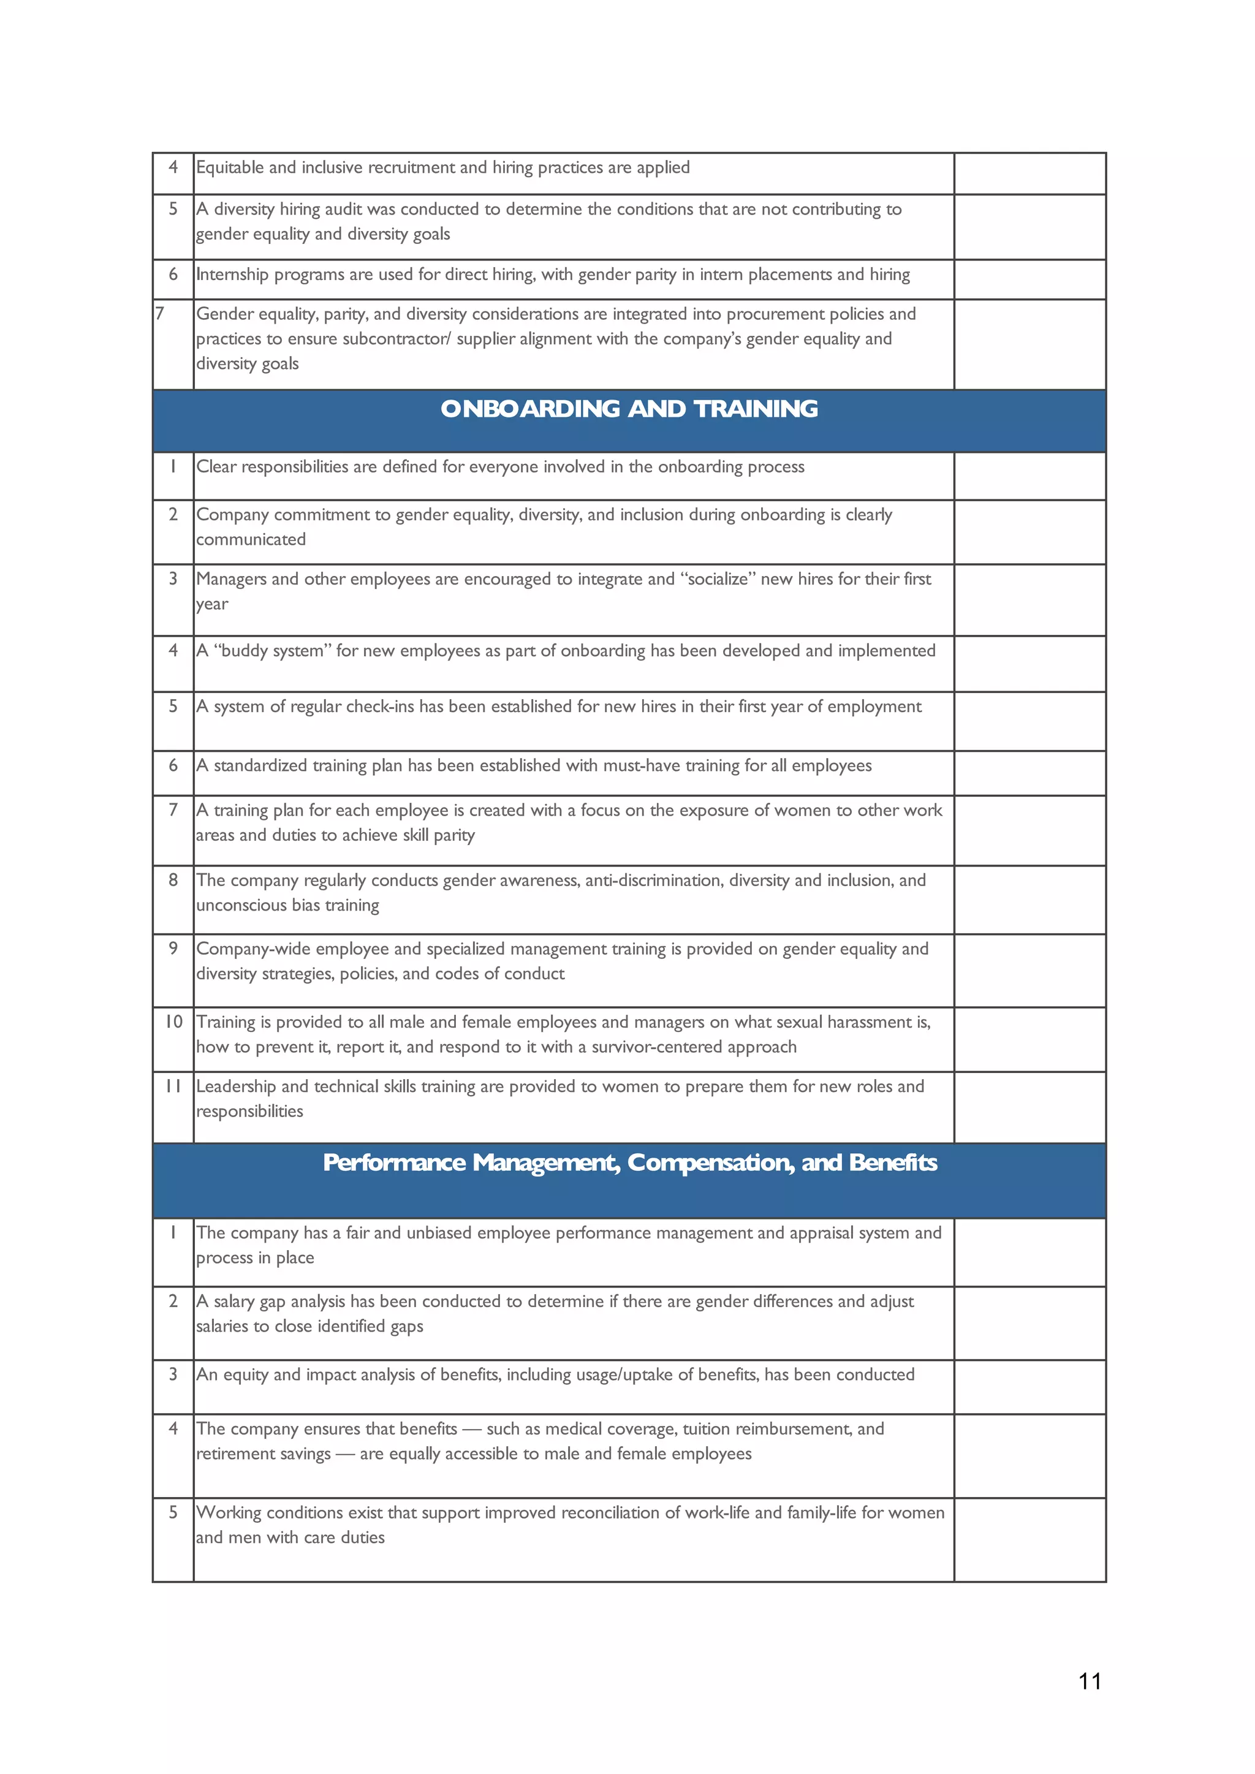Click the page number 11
(x=1090, y=1681)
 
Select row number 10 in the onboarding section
(x=173, y=1022)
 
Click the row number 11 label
(x=173, y=1086)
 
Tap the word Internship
(x=233, y=275)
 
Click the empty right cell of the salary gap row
(x=1029, y=1323)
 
